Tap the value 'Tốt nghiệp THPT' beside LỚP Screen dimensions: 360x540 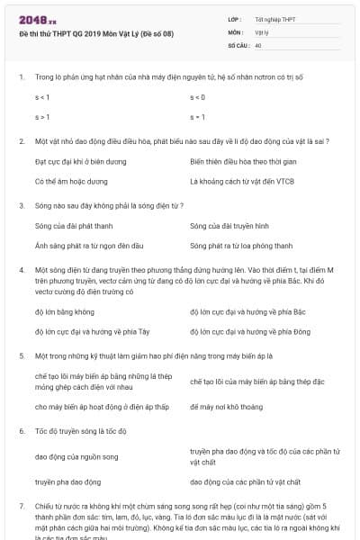pyautogui.click(x=274, y=19)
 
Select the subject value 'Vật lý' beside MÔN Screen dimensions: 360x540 pyautogui.click(x=262, y=31)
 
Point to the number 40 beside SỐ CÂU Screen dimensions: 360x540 pyautogui.click(x=258, y=44)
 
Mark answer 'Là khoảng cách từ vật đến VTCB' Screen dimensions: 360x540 pyautogui.click(x=242, y=181)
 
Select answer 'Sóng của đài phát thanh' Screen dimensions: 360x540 pyautogui.click(x=67, y=224)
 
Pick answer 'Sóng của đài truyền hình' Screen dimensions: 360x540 pyautogui.click(x=229, y=224)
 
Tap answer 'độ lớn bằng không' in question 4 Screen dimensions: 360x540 pyautogui.click(x=64, y=311)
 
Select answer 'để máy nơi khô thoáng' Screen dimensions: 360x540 pyautogui.click(x=226, y=407)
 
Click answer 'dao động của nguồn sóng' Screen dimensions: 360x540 pyautogui.click(x=76, y=456)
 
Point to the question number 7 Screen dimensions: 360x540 pyautogui.click(x=21, y=507)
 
